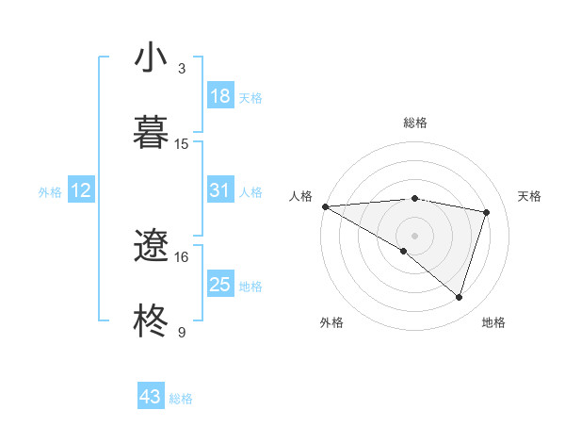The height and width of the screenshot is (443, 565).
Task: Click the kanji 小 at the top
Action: (152, 57)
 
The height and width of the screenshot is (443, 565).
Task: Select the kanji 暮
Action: (152, 132)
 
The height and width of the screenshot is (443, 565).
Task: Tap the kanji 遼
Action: (152, 247)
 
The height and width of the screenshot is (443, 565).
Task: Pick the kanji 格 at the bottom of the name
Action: (152, 321)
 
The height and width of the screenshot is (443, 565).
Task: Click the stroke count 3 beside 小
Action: (182, 68)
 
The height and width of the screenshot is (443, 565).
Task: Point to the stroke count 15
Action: (182, 143)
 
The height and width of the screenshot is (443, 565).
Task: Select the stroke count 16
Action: (182, 256)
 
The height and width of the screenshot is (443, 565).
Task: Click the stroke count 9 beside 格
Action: (182, 332)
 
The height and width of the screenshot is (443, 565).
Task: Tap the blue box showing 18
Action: (220, 96)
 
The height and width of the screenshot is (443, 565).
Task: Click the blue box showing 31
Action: (220, 190)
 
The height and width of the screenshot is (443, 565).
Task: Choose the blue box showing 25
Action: (220, 285)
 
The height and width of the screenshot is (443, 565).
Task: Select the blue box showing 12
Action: (81, 190)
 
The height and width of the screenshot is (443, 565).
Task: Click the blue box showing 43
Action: (151, 397)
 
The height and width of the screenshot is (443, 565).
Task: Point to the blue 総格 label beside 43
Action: (181, 399)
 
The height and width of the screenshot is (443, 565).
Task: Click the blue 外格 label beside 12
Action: (50, 192)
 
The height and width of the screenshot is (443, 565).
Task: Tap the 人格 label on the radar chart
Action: (301, 196)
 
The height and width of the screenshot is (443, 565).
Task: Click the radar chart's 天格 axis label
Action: (529, 196)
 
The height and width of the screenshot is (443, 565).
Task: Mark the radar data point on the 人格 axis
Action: (325, 206)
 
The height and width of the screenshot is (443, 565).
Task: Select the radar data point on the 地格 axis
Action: (459, 297)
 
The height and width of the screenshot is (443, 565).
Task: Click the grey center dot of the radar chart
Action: (414, 235)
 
